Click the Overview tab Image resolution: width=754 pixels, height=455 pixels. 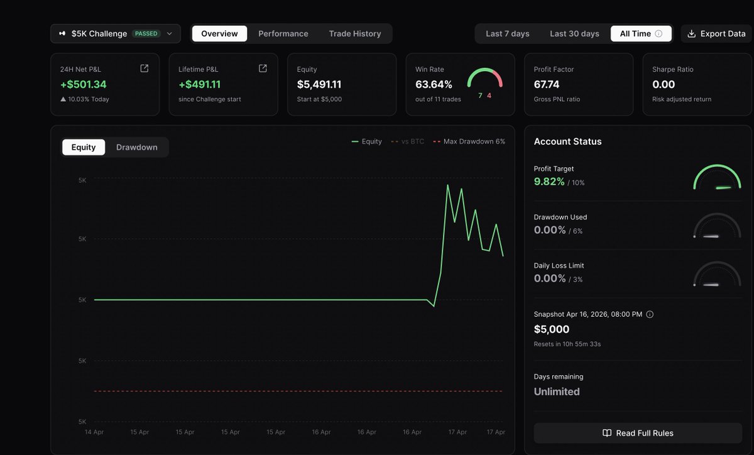point(219,34)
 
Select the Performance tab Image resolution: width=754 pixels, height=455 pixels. point(283,34)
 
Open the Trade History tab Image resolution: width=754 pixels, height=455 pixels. point(355,34)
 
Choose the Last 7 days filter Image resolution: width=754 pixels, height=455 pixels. point(507,34)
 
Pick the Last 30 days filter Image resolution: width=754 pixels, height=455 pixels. point(574,34)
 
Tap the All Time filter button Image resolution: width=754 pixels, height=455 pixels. point(641,34)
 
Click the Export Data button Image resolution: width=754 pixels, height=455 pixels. point(716,34)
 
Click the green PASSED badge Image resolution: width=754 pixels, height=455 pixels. point(146,34)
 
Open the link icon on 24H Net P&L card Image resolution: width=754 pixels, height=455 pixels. point(144,69)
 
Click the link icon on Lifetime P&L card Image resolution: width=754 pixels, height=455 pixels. point(263,69)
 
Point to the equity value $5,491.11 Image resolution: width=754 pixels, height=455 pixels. point(319,84)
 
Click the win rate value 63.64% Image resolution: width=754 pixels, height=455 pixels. point(434,84)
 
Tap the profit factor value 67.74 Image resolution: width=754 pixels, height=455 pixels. point(546,84)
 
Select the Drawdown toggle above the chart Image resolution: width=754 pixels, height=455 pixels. point(137,147)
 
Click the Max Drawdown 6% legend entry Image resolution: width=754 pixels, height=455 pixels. point(469,141)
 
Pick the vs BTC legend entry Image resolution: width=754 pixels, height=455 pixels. point(407,141)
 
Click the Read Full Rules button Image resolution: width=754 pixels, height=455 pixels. point(638,433)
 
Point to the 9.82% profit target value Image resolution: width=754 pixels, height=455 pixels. point(549,182)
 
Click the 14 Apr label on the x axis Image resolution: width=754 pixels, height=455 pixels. point(94,432)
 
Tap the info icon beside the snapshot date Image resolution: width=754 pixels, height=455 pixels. point(650,314)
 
